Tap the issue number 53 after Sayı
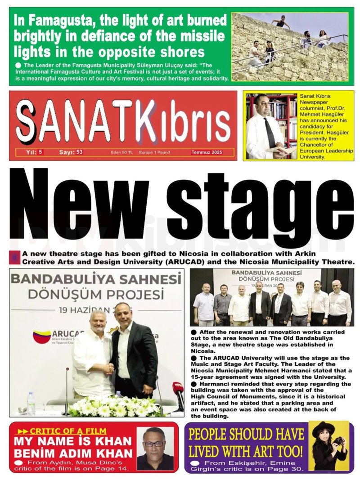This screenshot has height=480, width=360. pyautogui.click(x=79, y=152)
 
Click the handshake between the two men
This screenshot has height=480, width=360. pyautogui.click(x=109, y=368)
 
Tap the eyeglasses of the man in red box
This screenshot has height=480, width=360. pyautogui.click(x=154, y=444)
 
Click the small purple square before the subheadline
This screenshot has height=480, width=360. pyautogui.click(x=15, y=257)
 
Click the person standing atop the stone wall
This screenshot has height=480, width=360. pyautogui.click(x=281, y=22)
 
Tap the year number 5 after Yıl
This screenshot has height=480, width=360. pyautogui.click(x=40, y=152)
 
